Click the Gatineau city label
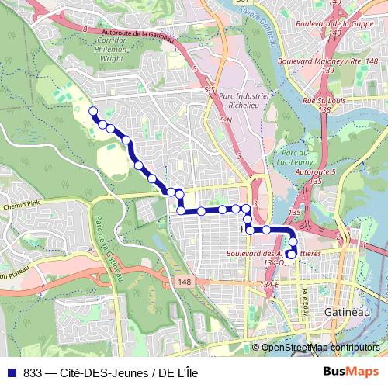point(342,310)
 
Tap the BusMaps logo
point(352,372)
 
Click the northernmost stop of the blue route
point(93,111)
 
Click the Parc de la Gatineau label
point(108,248)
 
